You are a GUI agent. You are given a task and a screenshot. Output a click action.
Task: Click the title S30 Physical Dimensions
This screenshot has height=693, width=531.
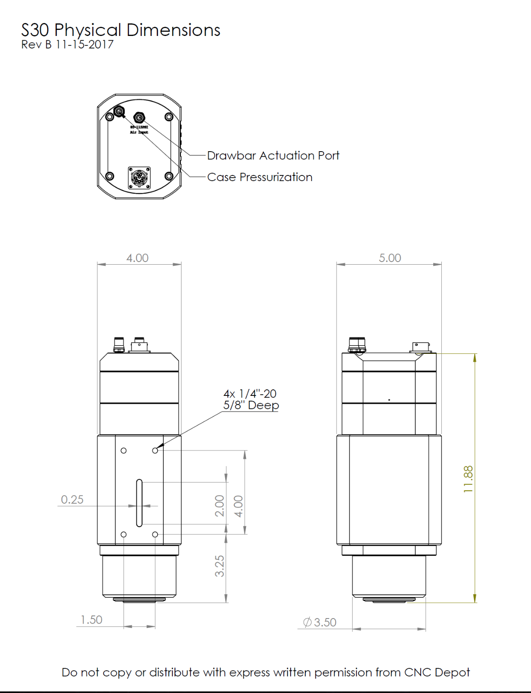[x=121, y=30]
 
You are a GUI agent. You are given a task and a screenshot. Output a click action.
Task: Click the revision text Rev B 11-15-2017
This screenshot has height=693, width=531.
[x=68, y=45]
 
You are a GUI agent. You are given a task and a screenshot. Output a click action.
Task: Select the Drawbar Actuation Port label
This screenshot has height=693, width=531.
[x=273, y=155]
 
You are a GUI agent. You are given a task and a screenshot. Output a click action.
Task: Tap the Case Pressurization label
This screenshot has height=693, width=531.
[x=259, y=177]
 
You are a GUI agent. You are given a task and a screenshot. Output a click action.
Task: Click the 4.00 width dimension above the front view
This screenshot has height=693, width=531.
[x=137, y=258]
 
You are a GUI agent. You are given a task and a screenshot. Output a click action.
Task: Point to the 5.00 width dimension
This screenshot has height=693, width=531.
[x=390, y=258]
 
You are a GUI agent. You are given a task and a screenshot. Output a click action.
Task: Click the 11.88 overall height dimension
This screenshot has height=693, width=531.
[x=468, y=479]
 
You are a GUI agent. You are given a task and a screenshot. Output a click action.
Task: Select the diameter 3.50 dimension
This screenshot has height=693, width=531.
[x=320, y=622]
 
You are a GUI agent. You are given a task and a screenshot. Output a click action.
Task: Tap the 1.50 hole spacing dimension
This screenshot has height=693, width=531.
[x=91, y=620]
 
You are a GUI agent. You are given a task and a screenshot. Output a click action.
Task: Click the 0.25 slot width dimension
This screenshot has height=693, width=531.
[x=72, y=499]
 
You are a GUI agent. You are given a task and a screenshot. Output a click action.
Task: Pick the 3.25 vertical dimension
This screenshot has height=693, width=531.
[x=220, y=566]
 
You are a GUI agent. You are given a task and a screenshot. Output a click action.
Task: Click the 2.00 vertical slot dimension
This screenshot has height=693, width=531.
[x=220, y=505]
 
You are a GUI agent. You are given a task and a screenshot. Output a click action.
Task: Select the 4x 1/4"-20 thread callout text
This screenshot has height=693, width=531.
[x=250, y=394]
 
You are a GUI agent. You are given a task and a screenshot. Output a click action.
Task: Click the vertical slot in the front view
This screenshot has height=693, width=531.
[x=139, y=503]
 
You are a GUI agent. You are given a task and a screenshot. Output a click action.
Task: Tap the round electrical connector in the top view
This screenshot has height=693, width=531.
[x=139, y=178]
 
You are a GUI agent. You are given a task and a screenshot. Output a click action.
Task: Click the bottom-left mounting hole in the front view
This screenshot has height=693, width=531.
[x=123, y=534]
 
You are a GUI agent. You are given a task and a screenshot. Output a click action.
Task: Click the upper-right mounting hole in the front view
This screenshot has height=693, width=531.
[x=155, y=450]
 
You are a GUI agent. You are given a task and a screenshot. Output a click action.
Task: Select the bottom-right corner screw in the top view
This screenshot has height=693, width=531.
[x=169, y=176]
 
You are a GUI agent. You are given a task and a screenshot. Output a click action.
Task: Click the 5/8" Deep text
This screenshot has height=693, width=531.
[x=251, y=405]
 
